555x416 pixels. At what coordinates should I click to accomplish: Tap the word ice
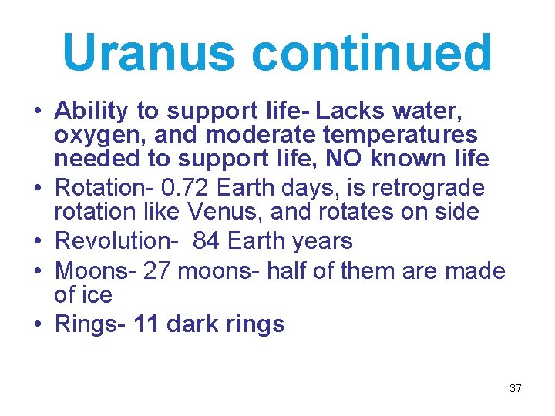click(x=96, y=294)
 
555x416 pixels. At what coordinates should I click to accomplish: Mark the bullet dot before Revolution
click(x=38, y=242)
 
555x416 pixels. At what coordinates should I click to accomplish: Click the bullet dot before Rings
click(x=38, y=325)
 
